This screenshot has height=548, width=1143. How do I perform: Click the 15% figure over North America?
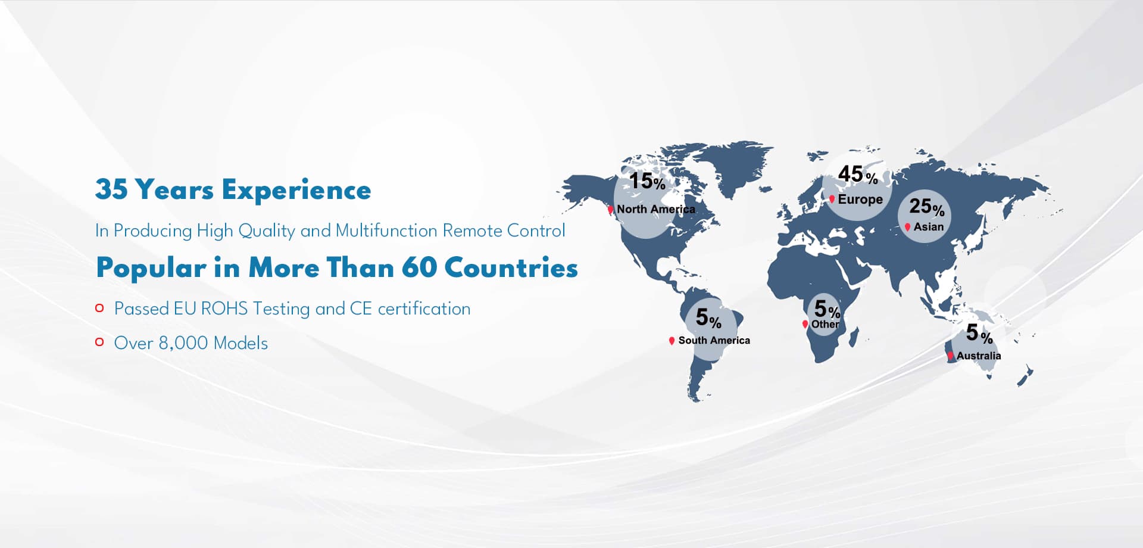click(x=647, y=181)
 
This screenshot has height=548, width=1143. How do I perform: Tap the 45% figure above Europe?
click(x=858, y=174)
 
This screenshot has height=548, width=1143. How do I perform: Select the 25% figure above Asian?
click(x=927, y=206)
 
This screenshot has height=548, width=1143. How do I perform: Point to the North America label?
click(x=656, y=209)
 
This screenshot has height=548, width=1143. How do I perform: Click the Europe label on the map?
click(x=860, y=199)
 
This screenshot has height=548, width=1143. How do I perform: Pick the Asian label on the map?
click(x=929, y=227)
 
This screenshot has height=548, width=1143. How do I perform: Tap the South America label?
click(x=714, y=340)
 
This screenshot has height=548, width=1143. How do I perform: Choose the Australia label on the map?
click(x=979, y=356)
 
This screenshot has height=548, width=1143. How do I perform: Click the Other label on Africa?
click(x=825, y=324)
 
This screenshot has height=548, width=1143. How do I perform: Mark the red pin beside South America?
click(x=672, y=341)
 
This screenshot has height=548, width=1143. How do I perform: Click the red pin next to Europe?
click(x=832, y=199)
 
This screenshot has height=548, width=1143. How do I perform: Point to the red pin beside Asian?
click(x=907, y=227)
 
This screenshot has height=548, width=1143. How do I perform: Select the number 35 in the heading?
click(x=111, y=189)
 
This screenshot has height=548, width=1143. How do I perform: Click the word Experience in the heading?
click(x=296, y=191)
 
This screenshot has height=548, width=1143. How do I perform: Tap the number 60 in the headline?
click(x=419, y=267)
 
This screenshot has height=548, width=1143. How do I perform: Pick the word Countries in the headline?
click(x=511, y=267)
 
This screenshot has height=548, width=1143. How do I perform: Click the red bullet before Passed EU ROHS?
click(x=99, y=308)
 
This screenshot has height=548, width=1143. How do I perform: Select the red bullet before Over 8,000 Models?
click(x=99, y=342)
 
